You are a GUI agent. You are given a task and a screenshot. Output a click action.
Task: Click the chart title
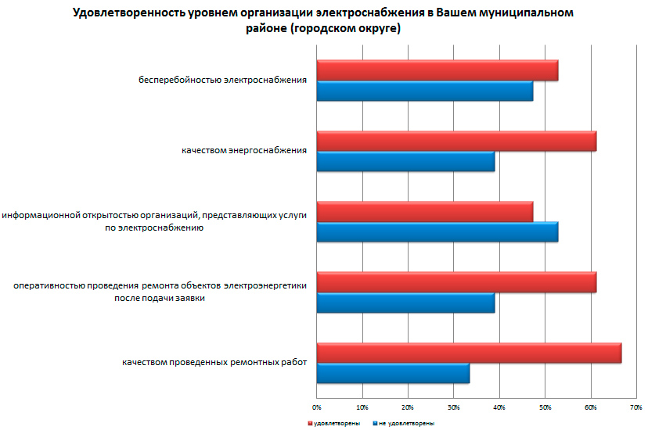click(x=323, y=21)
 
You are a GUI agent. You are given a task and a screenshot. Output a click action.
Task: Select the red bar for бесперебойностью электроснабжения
click(x=437, y=70)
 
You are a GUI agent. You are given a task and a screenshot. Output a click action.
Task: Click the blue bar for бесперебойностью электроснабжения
click(x=424, y=91)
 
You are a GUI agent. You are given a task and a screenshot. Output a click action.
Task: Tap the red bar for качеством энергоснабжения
click(x=456, y=141)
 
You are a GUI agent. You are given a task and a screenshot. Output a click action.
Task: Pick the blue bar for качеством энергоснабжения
click(x=405, y=161)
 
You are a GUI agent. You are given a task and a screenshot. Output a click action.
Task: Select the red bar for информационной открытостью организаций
click(x=424, y=212)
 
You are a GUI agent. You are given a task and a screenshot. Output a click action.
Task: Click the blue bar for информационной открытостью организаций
click(x=437, y=232)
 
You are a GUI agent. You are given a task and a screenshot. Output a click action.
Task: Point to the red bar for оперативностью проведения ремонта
click(x=456, y=282)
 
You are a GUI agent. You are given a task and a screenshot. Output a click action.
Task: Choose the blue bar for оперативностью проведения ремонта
click(x=405, y=303)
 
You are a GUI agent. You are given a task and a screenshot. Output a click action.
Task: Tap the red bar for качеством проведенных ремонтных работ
click(x=469, y=353)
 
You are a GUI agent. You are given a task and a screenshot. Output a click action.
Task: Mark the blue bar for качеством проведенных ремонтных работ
click(x=393, y=373)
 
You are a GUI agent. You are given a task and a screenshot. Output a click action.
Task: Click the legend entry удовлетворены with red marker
click(x=333, y=423)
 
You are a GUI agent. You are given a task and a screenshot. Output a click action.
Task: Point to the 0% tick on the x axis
click(x=317, y=407)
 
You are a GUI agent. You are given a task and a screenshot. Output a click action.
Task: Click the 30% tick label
click(x=454, y=407)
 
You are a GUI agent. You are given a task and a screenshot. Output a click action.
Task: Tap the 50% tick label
click(x=545, y=407)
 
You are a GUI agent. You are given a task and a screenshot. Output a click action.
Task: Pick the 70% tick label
click(x=636, y=407)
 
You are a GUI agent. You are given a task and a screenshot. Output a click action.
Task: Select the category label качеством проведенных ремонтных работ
click(x=214, y=363)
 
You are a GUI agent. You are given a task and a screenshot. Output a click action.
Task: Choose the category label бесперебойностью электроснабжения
click(x=222, y=80)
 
